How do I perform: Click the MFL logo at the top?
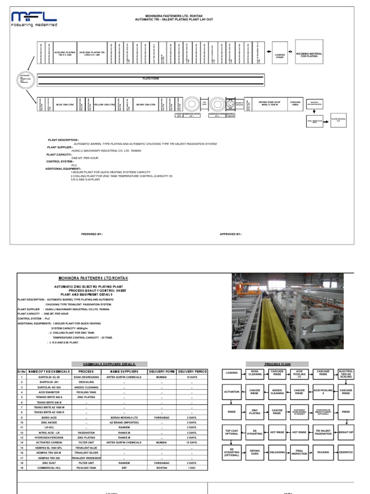point(34,18)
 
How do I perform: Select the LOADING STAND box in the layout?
point(280,55)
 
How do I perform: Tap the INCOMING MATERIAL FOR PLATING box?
point(309,55)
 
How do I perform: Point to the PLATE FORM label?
point(150,78)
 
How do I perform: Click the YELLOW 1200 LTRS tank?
point(105,104)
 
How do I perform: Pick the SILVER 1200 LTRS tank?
point(156,104)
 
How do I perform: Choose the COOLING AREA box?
point(295,103)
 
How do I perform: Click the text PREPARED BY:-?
point(92,234)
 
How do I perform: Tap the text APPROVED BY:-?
point(231,234)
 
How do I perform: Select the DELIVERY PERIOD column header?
point(192,371)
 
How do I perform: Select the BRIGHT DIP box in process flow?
point(346,433)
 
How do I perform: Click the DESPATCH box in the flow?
point(346,453)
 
